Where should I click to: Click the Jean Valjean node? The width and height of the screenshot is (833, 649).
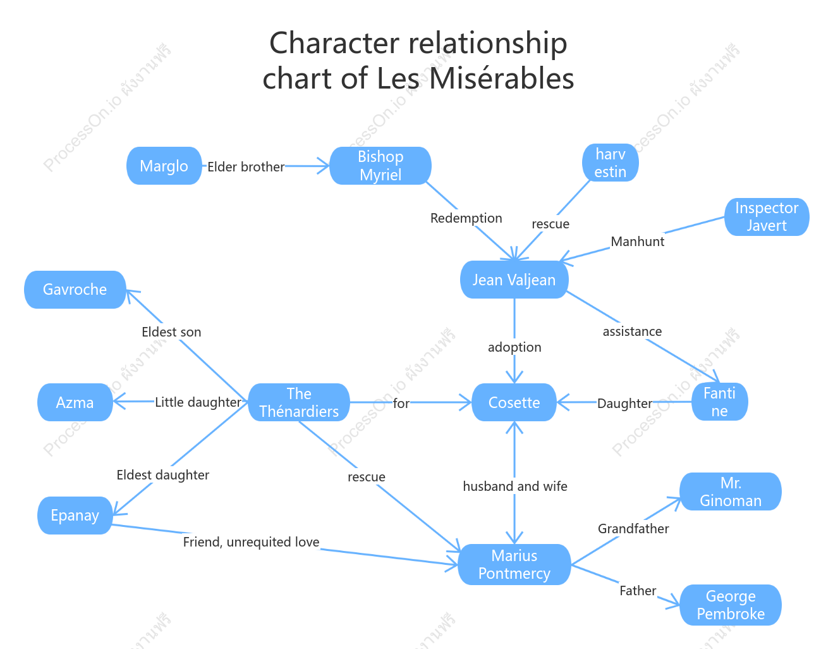coord(514,280)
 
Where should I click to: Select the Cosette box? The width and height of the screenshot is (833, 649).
coord(514,402)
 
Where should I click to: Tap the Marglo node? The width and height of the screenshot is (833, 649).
coord(164,166)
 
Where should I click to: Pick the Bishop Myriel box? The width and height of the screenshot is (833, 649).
coord(380,166)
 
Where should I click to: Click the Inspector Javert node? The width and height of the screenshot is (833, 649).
coord(767,217)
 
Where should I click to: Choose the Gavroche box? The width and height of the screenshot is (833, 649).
coord(75,290)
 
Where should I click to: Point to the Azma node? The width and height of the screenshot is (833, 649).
coord(75,402)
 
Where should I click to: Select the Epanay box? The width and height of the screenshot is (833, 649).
coord(75,516)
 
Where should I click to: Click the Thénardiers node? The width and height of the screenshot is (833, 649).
coord(299,402)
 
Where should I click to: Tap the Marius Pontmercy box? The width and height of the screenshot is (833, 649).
coord(514,565)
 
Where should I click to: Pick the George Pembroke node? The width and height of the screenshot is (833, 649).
coord(731,605)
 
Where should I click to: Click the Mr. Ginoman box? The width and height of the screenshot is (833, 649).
coord(731,491)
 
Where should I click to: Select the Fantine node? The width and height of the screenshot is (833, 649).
coord(719,402)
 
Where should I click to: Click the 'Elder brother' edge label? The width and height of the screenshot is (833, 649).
coord(246,167)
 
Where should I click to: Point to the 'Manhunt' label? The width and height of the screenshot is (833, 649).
coord(638,241)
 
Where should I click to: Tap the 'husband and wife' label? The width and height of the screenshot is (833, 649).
coord(515,486)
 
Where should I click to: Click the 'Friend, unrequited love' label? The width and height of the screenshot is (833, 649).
coord(251,542)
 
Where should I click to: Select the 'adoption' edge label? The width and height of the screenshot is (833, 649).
coord(514,347)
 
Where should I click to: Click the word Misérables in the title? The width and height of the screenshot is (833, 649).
coord(501,78)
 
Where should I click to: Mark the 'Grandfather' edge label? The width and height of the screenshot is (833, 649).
coord(633,529)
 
